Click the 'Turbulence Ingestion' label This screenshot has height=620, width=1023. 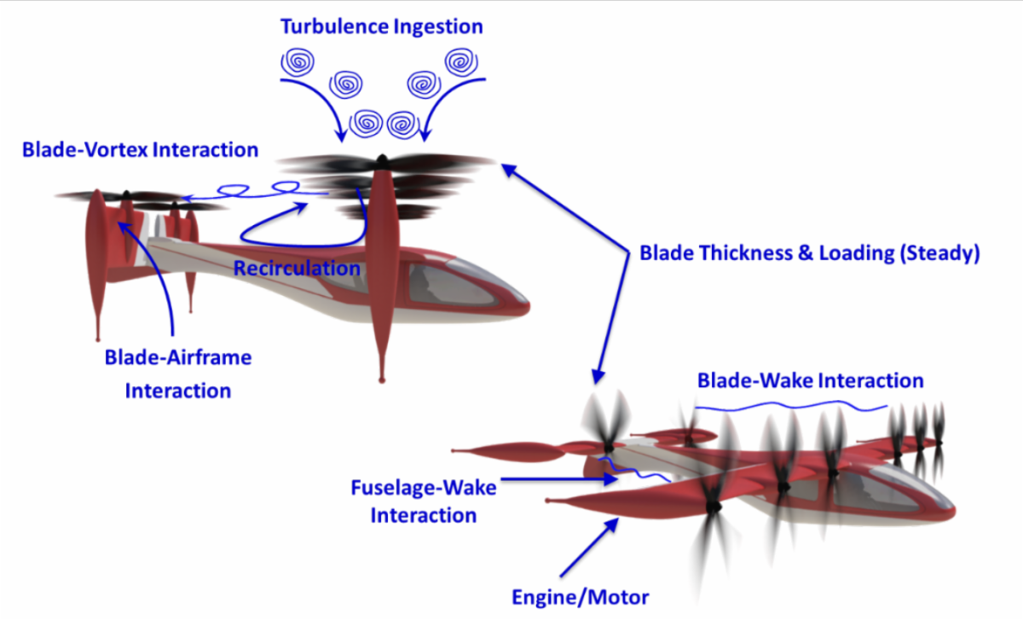point(381,26)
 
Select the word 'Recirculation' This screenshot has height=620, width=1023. point(297,269)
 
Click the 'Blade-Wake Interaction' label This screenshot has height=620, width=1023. point(810,380)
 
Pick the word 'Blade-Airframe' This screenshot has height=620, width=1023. point(178,357)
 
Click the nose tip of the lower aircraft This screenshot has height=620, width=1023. point(954,512)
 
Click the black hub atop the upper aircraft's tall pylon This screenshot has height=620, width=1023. point(382,159)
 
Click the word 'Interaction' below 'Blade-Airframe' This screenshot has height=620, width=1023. point(178,391)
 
